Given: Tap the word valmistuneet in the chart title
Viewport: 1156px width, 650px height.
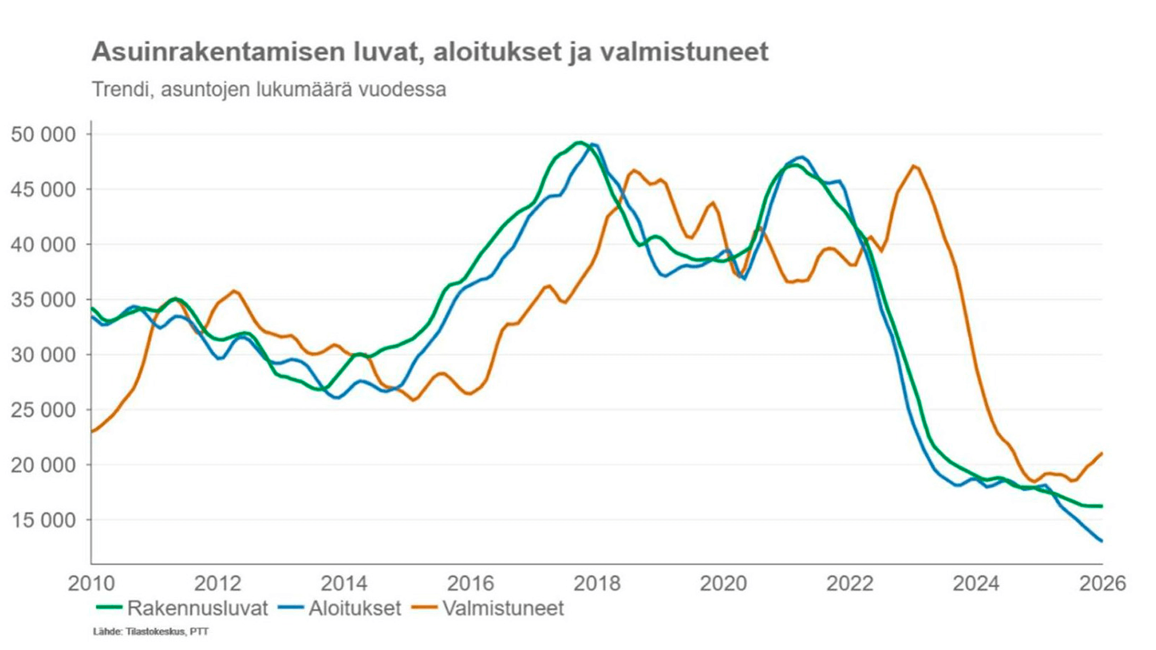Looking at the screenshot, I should coord(685,52).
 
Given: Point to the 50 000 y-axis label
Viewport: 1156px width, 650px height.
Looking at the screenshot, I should coord(43,134).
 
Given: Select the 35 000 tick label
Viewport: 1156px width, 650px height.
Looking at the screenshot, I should coord(43,300).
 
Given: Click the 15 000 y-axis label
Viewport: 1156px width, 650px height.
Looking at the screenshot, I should coord(43,520).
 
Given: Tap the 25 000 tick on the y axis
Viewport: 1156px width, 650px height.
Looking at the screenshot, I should coord(43,410).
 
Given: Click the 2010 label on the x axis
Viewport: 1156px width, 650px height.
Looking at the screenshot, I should coord(91,583).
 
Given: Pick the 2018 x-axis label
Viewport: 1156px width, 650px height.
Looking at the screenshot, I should coord(597,583).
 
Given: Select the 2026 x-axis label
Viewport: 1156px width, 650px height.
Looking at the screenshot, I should coord(1102,583).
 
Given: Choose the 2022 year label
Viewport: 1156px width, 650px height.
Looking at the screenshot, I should coord(850,583).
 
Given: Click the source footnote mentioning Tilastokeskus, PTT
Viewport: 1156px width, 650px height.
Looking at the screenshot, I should coord(151,631).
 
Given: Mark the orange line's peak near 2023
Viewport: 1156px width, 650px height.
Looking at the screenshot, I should coord(914,166).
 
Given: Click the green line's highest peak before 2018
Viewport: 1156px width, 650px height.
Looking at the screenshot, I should coord(579,143).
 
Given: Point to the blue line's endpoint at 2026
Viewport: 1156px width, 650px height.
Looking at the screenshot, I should coord(1101,540).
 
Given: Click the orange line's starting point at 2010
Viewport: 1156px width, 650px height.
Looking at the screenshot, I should coord(92,431).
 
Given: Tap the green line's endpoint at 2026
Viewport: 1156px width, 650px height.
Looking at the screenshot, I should coord(1101,506).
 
